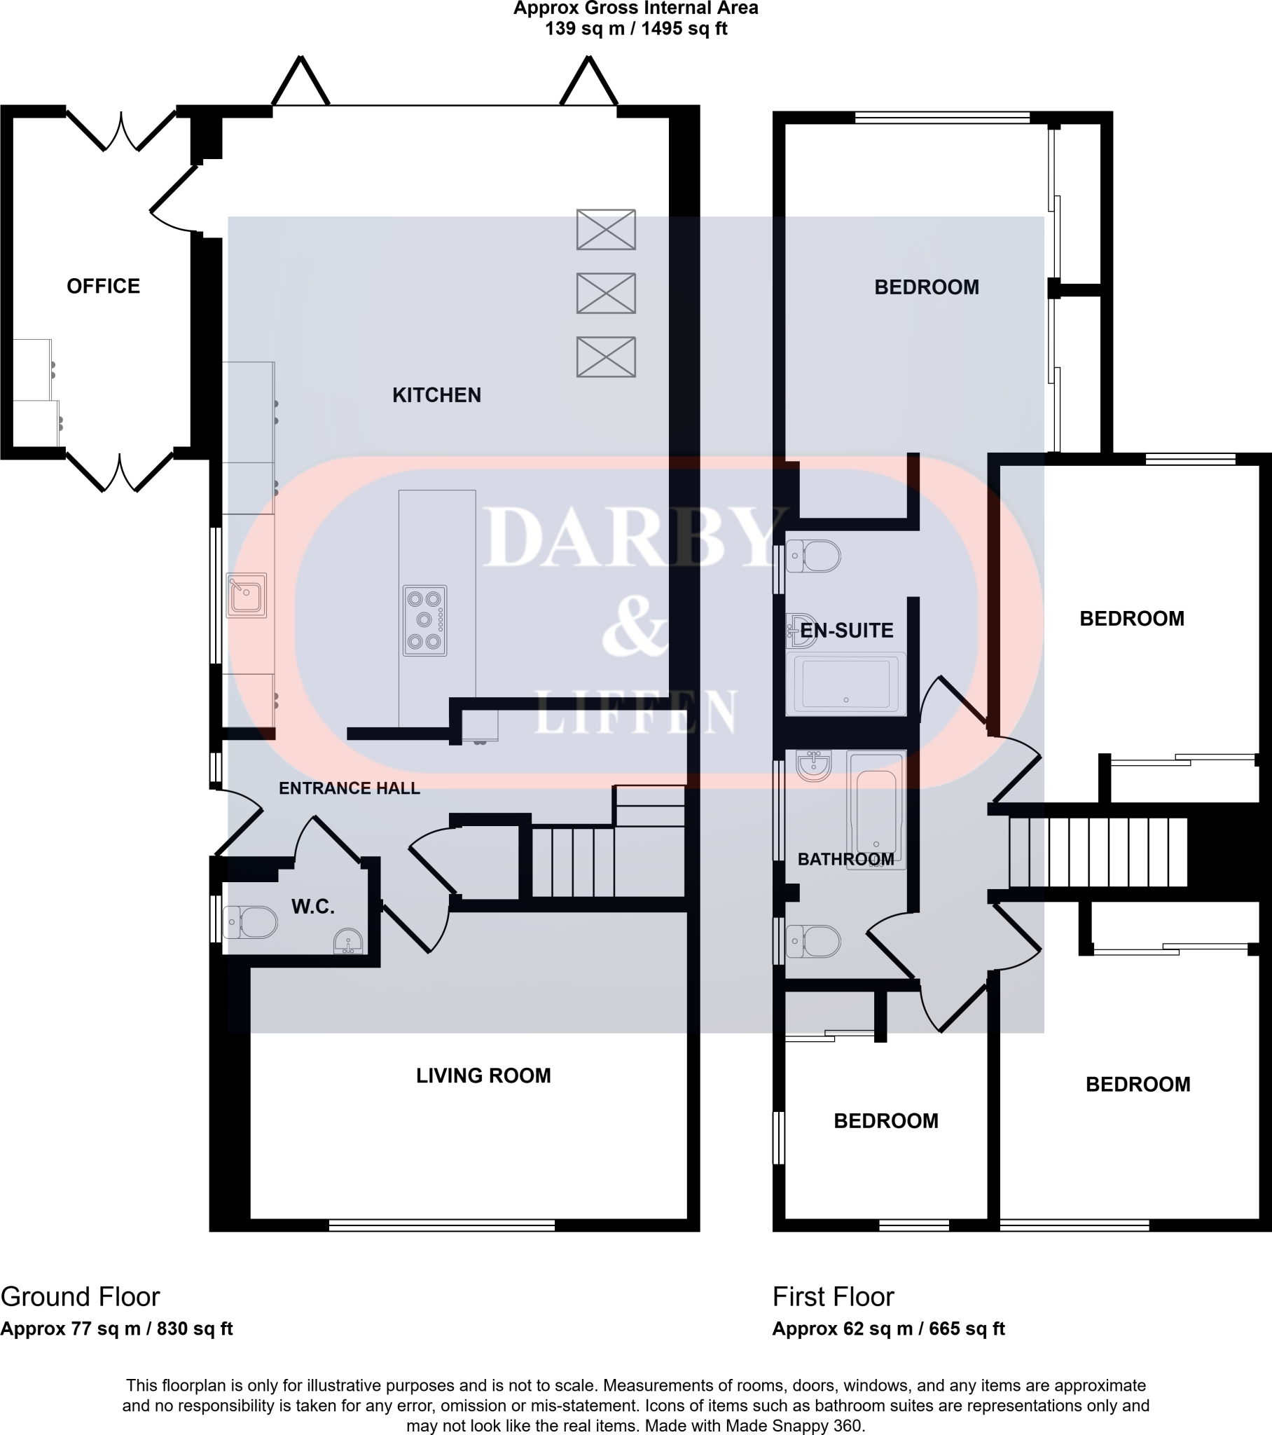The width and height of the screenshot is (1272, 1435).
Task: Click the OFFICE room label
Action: click(103, 287)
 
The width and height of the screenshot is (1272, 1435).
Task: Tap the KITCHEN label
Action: click(436, 395)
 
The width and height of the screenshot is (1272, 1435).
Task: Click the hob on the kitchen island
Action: click(424, 621)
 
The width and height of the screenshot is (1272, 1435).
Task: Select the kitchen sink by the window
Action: click(247, 596)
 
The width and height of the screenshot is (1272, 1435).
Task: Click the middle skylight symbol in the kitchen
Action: click(606, 294)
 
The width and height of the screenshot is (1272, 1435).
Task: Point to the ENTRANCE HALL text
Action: click(349, 788)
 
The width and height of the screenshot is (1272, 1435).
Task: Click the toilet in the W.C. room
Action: click(251, 922)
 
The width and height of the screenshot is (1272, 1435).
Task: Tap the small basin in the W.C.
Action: click(348, 942)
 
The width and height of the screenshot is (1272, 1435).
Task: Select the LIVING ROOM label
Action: click(483, 1076)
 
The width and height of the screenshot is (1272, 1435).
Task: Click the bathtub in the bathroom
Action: click(876, 809)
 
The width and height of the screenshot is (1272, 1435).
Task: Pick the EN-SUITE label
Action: click(847, 631)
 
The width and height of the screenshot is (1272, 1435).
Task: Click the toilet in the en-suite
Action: click(815, 557)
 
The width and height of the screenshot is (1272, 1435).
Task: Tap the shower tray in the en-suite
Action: click(846, 684)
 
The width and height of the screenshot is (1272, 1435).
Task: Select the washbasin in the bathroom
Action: click(815, 764)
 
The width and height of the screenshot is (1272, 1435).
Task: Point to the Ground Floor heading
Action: click(80, 1297)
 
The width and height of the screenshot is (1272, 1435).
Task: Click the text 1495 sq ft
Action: click(684, 29)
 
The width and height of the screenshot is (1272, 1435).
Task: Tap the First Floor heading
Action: click(834, 1297)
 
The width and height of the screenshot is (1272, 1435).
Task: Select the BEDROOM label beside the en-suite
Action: click(1132, 619)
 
